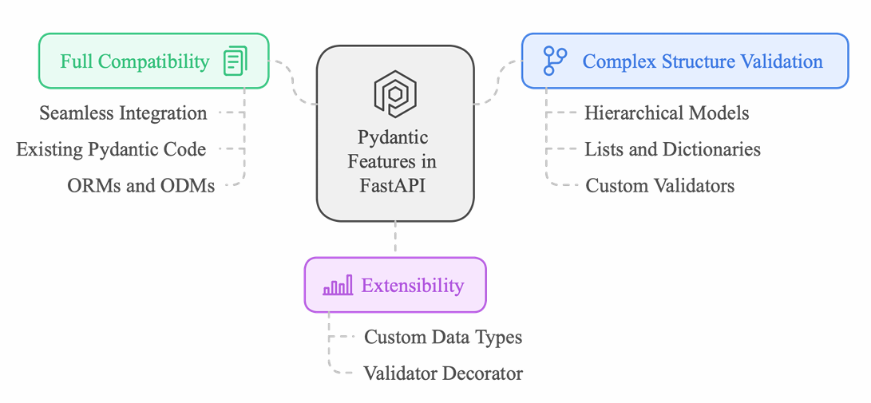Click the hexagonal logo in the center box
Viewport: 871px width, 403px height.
pos(395,94)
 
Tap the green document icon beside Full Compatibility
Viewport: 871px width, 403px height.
pos(236,61)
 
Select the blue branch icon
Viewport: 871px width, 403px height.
pos(555,61)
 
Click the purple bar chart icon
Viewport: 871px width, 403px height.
pos(338,285)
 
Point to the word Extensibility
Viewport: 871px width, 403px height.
pos(412,286)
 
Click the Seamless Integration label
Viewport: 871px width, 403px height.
pos(123,113)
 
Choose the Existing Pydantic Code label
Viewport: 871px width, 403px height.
pos(111,148)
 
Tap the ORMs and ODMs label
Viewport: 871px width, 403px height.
pos(141,185)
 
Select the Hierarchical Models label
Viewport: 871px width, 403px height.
pos(667,113)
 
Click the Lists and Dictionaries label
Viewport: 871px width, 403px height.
pos(673,148)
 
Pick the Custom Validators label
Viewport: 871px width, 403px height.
pos(660,185)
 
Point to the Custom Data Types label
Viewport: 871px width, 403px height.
pos(443,337)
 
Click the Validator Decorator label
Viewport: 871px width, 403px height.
pos(443,373)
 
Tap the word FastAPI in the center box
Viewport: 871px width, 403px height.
pos(392,185)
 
